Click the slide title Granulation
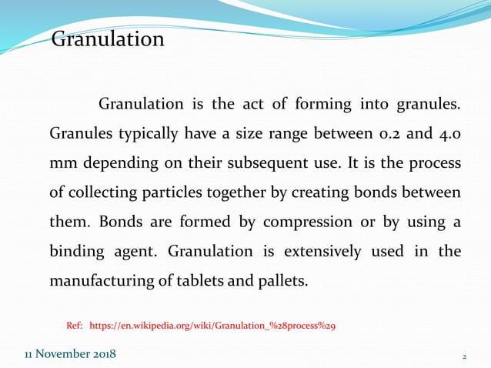[108, 39]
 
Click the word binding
[75, 251]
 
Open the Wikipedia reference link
[212, 326]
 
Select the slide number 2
[464, 356]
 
